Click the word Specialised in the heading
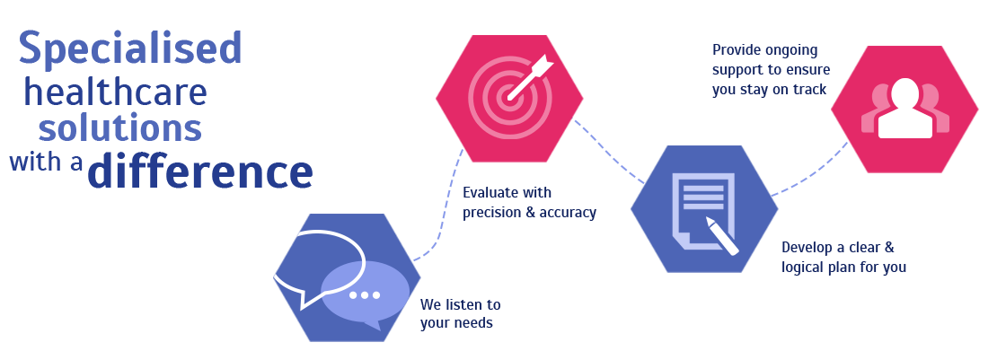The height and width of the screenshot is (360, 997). point(130,48)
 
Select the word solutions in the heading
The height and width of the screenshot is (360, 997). point(119,128)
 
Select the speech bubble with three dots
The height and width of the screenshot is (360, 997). point(365,294)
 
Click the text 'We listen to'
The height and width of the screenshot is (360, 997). point(460,304)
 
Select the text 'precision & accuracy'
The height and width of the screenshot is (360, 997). point(529,213)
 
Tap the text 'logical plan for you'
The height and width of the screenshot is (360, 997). point(843,267)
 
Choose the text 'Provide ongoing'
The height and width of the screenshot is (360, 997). point(764,49)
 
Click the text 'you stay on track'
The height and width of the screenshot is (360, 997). point(769,89)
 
